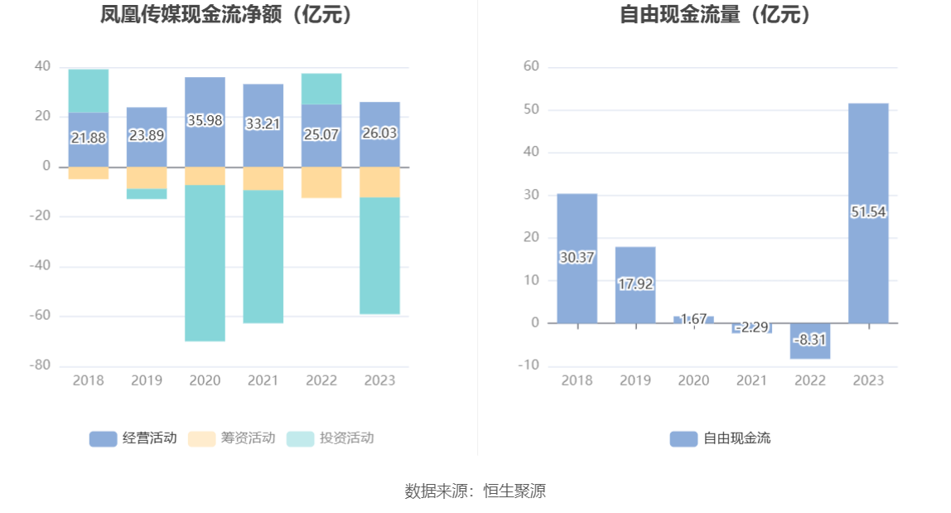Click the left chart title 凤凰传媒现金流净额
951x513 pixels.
click(226, 15)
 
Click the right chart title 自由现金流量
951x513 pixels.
click(715, 15)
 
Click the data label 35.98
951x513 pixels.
click(205, 121)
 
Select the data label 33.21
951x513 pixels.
click(263, 124)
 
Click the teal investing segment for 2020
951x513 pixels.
click(205, 263)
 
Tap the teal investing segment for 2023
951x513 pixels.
click(379, 255)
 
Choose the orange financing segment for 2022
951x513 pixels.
click(321, 182)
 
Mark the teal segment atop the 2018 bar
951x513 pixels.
click(89, 90)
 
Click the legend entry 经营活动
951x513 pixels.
click(133, 438)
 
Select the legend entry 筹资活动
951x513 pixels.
click(231, 438)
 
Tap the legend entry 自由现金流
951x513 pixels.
click(720, 438)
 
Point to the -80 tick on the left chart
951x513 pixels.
click(41, 365)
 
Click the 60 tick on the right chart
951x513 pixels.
click(531, 66)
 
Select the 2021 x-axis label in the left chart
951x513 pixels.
click(263, 380)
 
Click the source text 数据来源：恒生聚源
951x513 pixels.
click(475, 491)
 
